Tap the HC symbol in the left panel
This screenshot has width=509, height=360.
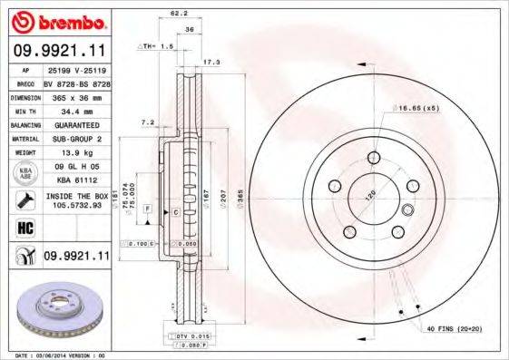click(24, 227)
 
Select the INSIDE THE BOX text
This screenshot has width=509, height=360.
click(74, 195)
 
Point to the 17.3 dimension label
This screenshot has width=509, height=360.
click(210, 62)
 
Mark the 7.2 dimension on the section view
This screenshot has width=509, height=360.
click(148, 121)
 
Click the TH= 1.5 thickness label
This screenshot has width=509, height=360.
click(158, 44)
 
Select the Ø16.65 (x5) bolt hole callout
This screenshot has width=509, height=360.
click(420, 108)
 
